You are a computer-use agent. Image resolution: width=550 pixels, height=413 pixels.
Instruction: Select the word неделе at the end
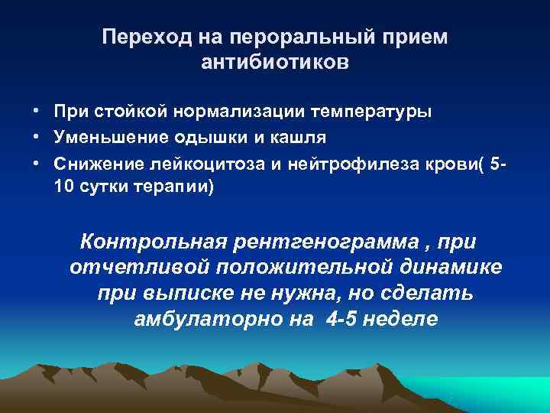(x=403, y=319)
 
